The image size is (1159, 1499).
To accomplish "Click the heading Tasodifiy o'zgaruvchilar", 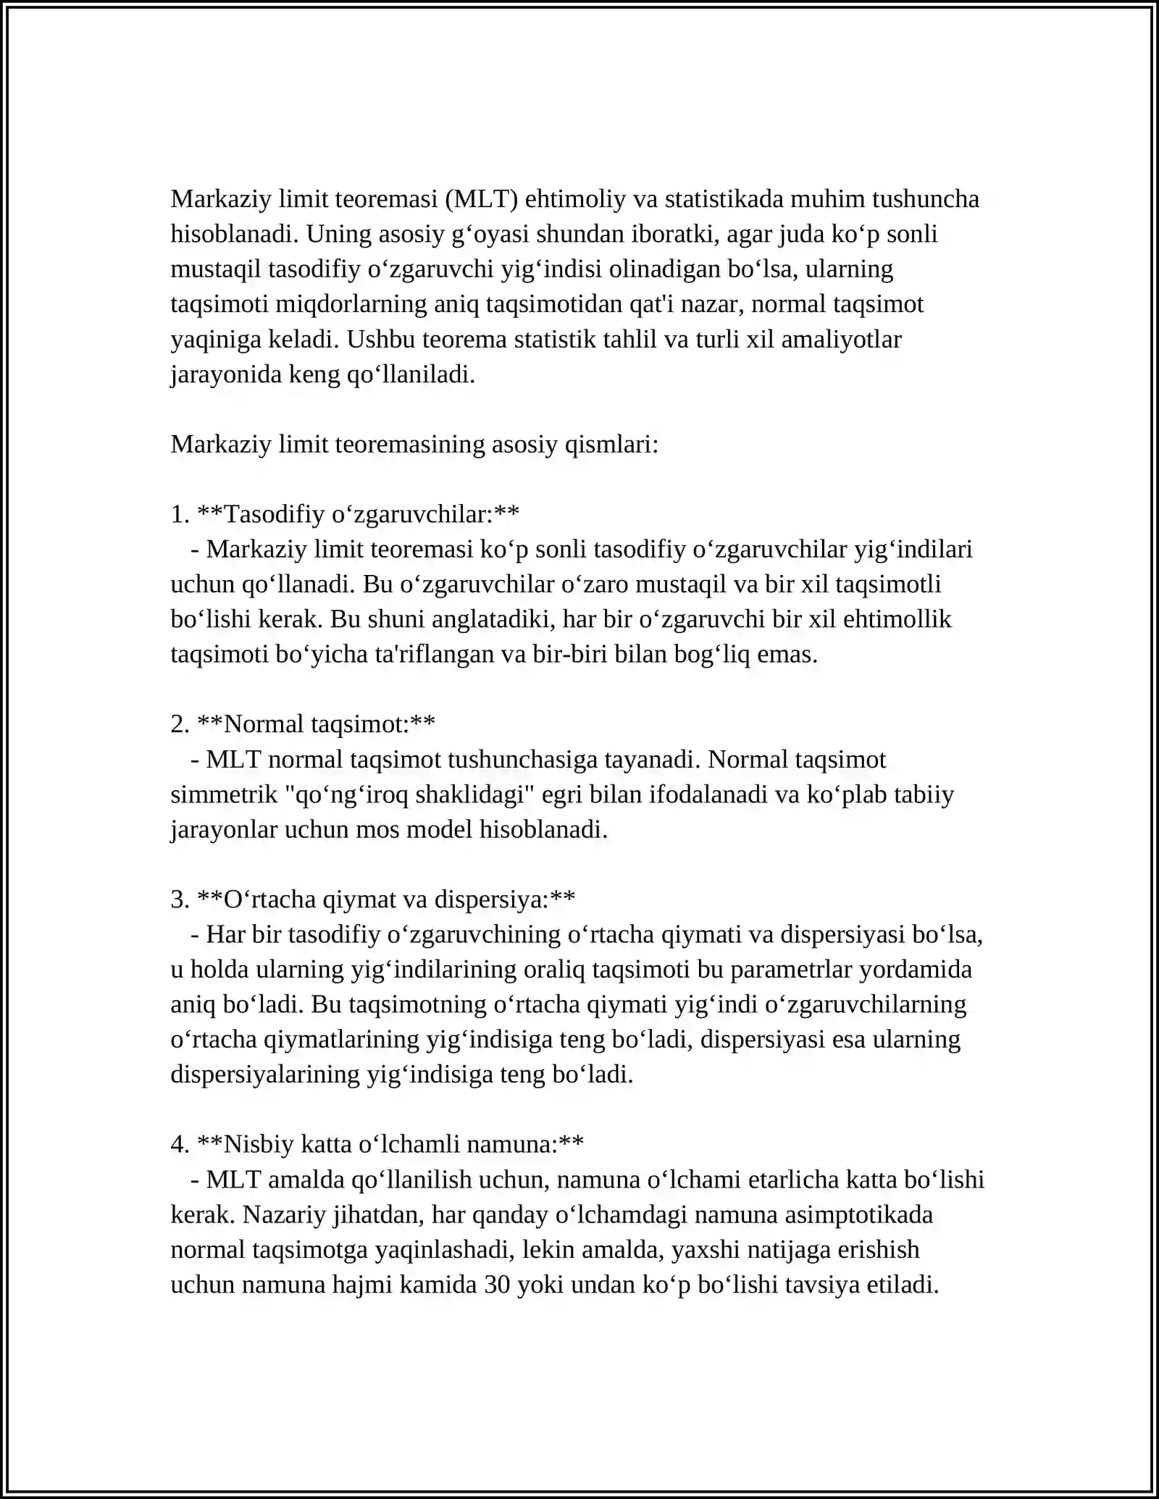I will click(x=358, y=514).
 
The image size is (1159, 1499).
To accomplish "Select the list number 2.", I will click(x=178, y=723).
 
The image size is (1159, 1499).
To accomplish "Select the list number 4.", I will click(x=178, y=1144).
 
